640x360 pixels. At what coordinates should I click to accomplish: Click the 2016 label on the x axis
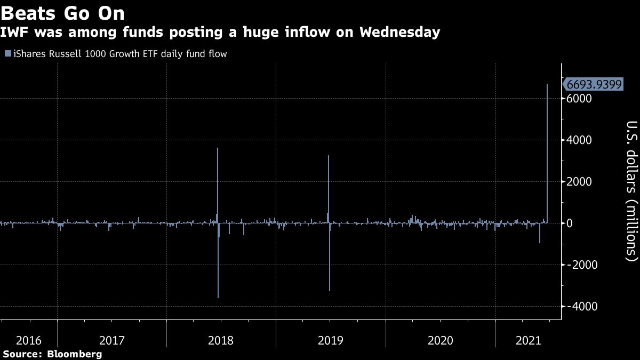click(30, 340)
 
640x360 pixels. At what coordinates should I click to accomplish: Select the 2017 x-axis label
click(112, 340)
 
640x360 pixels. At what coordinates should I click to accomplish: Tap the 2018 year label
click(221, 340)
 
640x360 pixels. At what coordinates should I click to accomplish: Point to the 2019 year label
click(331, 340)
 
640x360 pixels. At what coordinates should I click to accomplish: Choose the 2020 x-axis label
click(441, 340)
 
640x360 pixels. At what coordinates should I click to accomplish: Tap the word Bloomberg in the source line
click(75, 354)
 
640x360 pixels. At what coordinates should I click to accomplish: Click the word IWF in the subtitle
click(14, 33)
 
